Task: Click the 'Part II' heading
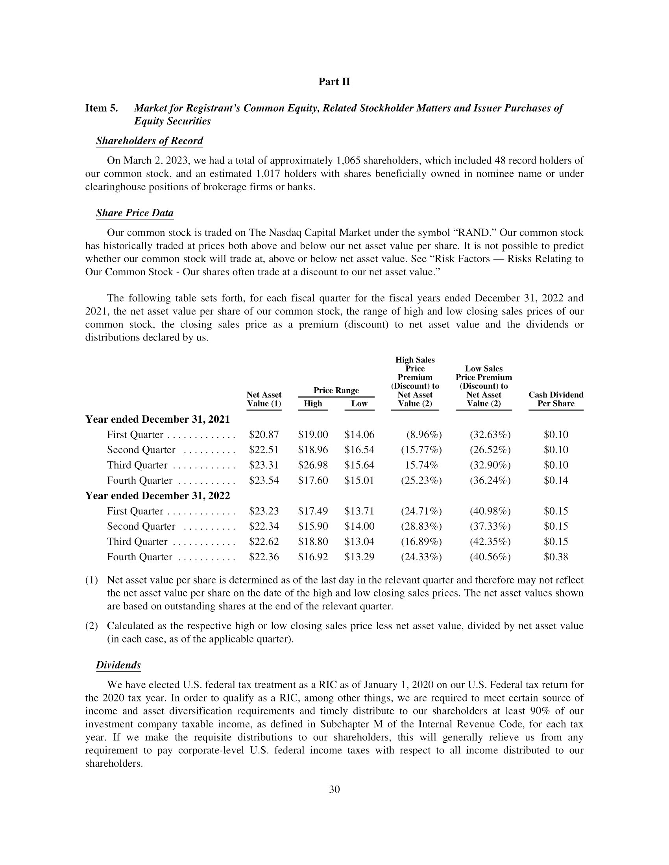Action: tap(334, 82)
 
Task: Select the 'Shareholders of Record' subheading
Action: tap(150, 141)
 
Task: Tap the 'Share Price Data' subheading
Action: tap(135, 213)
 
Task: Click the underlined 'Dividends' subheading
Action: tap(118, 665)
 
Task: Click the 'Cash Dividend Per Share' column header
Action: tap(556, 399)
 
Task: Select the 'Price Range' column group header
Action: tap(336, 390)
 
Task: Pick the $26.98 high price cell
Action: tap(313, 466)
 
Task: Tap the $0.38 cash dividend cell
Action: tap(556, 557)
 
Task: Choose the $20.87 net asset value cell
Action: tap(264, 435)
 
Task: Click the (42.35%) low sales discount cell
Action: tap(490, 542)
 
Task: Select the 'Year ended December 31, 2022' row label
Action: tap(157, 496)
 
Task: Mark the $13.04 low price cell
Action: tap(359, 542)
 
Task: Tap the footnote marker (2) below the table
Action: tap(92, 626)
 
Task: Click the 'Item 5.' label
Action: tap(102, 109)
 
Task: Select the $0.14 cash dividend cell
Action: tap(556, 481)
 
